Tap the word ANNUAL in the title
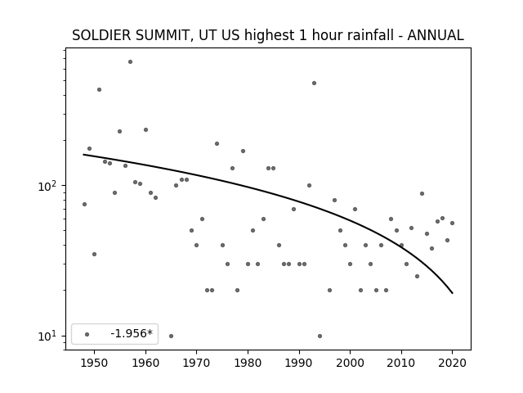coord(436,35)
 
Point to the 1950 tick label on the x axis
coord(95,363)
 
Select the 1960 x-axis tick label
coord(145,363)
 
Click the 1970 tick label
coord(197,363)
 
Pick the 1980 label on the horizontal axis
coord(248,363)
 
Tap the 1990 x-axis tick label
coord(299,363)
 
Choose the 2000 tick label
coord(351,363)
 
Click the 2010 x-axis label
coord(401,363)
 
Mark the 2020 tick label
coord(452,363)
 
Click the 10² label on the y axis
coord(49,186)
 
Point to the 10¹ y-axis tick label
coord(49,337)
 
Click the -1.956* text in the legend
coord(132,333)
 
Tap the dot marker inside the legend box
coord(87,334)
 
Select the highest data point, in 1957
coord(130,62)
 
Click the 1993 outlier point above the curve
coord(314,84)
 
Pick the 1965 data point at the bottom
coord(171,336)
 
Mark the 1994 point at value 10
coord(320,336)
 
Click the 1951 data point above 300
coord(99,89)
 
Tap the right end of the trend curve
coord(452,293)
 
